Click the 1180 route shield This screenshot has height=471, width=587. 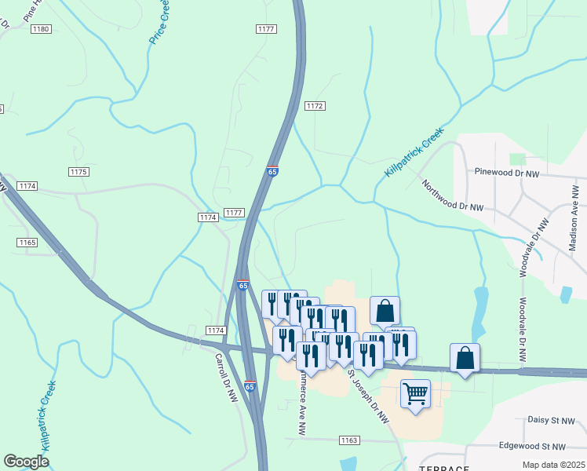(41, 29)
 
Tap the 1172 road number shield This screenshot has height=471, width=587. (315, 106)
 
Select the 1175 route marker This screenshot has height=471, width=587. (78, 172)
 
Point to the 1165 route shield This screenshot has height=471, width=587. (27, 243)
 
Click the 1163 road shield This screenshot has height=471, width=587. (349, 441)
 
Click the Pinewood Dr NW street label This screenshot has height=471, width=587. (508, 172)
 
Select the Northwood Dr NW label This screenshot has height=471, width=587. (453, 196)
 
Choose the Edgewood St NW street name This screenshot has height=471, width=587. (532, 446)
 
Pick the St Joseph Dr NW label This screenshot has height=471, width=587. (370, 398)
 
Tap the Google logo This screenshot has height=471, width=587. (26, 461)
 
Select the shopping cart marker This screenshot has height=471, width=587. (415, 392)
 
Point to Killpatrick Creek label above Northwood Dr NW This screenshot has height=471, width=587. (414, 152)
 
